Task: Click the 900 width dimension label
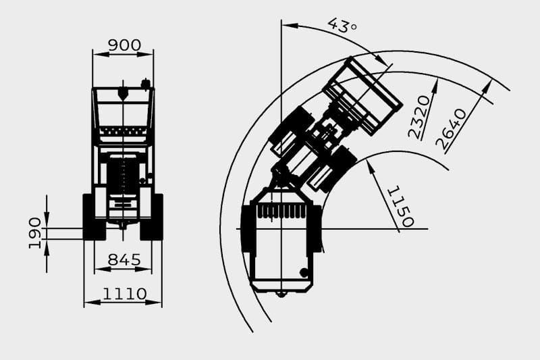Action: coord(124,45)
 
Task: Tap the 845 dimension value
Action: coord(124,259)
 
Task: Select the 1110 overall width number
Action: coord(125,294)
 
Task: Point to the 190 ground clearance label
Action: coord(35,233)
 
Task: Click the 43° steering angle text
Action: coord(342,26)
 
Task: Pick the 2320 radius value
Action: coord(419,117)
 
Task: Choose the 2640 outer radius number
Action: coord(451,129)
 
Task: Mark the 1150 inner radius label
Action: coord(400,207)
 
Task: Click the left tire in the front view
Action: coord(94,217)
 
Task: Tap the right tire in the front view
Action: coord(152,217)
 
